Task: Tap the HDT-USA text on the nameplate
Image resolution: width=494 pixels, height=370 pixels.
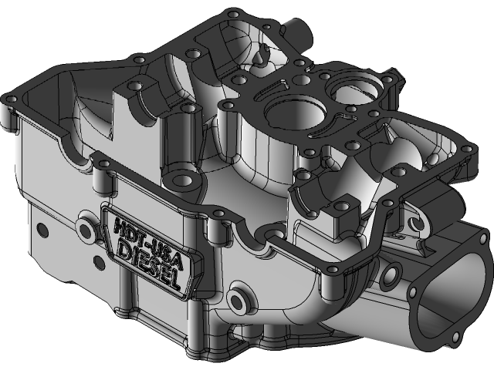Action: [151, 236]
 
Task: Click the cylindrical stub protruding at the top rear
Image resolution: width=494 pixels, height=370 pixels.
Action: [296, 33]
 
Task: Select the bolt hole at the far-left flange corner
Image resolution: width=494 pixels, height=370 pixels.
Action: [10, 99]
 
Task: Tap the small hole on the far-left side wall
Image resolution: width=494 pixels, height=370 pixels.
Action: [39, 229]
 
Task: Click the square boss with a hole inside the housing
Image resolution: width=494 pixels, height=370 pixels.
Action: [337, 207]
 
